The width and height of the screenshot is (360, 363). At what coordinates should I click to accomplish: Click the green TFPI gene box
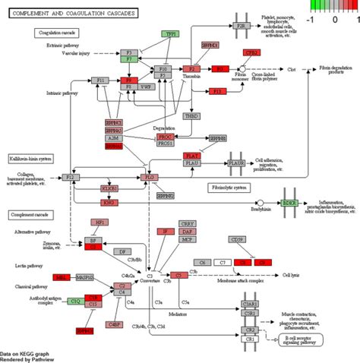click(170, 35)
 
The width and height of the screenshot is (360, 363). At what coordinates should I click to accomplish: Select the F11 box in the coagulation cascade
click(99, 79)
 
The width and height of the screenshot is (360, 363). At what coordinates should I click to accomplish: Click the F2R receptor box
click(243, 26)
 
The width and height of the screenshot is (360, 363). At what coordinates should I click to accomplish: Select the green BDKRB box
click(289, 204)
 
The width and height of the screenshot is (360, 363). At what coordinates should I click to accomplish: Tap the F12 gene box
click(71, 177)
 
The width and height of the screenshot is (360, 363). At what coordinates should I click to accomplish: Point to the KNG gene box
click(109, 203)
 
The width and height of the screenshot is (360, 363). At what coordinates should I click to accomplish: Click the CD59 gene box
click(237, 241)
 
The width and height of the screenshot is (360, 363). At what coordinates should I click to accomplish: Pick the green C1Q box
click(75, 301)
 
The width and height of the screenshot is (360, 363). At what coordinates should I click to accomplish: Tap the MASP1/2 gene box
click(85, 278)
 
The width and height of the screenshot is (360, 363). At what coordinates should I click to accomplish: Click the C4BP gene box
click(114, 324)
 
